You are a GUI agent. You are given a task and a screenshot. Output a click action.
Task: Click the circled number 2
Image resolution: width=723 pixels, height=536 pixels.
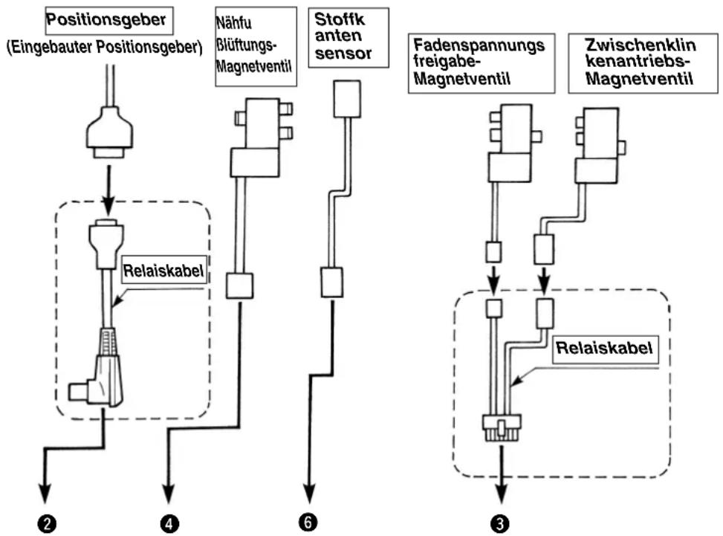47,524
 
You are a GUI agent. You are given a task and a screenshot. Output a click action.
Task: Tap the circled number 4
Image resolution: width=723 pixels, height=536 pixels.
169,524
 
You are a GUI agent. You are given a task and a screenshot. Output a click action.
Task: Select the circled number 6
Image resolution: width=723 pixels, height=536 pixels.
308,522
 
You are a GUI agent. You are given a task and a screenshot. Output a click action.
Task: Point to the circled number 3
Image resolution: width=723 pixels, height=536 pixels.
500,523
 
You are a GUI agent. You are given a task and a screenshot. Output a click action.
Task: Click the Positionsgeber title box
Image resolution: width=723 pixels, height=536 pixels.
109,21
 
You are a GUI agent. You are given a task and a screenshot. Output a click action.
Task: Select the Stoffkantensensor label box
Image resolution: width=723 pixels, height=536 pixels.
348,37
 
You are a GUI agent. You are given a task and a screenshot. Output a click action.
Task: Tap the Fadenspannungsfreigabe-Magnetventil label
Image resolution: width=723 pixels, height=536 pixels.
482,63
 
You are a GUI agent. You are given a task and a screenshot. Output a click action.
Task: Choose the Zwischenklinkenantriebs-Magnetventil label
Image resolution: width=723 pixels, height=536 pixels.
643,63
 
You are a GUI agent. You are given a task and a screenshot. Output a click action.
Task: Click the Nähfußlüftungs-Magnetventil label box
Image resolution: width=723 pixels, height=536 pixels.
256,46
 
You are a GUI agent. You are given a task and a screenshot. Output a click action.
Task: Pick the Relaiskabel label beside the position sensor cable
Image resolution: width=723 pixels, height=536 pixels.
163,271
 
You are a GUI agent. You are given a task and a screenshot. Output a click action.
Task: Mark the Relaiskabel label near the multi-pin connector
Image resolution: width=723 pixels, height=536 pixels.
605,348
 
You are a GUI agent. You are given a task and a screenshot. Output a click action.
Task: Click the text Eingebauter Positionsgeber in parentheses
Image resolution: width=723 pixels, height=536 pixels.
105,48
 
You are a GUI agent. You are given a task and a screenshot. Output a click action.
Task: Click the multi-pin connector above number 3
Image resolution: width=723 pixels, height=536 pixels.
502,427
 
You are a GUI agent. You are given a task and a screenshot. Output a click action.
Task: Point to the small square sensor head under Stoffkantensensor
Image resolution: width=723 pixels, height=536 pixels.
347,99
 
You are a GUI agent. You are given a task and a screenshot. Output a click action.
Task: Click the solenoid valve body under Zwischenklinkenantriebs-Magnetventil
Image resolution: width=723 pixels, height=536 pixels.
597,146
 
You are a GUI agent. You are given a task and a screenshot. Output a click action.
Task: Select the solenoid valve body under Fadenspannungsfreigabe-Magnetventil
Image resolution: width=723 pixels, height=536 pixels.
511,143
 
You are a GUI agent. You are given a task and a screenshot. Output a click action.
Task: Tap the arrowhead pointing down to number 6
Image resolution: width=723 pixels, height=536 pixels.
309,494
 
